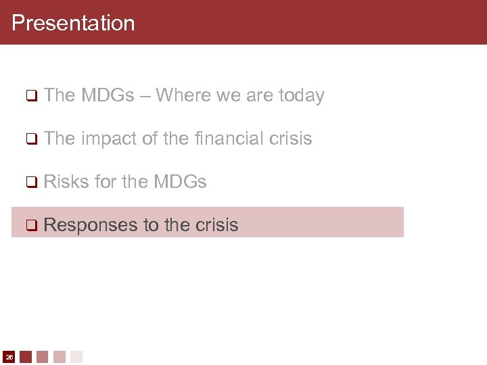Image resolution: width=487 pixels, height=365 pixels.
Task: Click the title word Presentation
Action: (x=73, y=23)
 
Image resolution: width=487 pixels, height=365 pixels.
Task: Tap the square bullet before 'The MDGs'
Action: (x=30, y=96)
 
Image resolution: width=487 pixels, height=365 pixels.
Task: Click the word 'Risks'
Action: (x=68, y=181)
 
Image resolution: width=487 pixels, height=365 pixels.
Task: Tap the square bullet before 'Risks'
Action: (x=30, y=182)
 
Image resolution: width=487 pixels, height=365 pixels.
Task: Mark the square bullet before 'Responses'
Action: (x=30, y=225)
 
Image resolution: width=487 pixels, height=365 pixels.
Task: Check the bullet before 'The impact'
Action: (x=30, y=139)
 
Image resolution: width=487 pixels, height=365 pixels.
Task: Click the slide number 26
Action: (x=9, y=356)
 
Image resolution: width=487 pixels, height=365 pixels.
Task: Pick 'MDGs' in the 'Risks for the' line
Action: (x=180, y=181)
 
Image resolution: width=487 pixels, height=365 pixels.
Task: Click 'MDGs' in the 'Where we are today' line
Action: (x=108, y=96)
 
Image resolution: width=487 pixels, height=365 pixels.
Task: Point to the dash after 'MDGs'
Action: (x=145, y=96)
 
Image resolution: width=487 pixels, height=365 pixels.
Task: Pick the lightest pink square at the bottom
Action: (x=76, y=356)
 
